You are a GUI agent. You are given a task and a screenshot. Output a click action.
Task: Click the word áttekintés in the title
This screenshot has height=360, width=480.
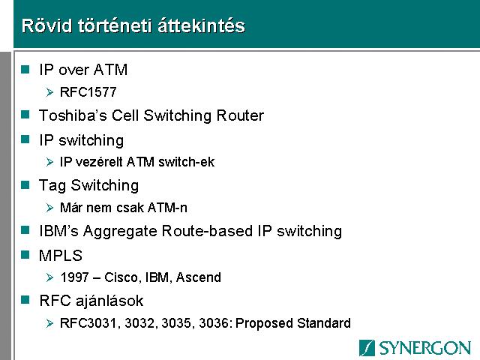pos(202,25)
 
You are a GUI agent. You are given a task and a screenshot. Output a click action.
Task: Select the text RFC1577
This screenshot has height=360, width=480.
pos(88,92)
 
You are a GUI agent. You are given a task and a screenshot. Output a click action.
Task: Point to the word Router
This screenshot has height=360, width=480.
pos(240,115)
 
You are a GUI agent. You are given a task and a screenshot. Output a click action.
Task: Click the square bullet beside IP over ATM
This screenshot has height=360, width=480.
pos(25,69)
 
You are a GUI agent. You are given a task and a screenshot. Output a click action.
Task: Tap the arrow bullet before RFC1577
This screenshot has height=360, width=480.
pos(49,92)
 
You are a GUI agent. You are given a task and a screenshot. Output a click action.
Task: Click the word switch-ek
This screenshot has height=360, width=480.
pos(187,162)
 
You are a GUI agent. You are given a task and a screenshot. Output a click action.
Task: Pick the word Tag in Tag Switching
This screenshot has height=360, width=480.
pos(52,186)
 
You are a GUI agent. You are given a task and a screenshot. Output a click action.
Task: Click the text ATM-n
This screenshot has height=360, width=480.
pos(167,208)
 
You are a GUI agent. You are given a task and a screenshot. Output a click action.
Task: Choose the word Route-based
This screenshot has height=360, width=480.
pos(207,231)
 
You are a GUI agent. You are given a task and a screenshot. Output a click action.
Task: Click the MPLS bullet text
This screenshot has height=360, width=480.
pos(61,255)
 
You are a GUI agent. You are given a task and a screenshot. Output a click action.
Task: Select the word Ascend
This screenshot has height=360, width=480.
pos(198,277)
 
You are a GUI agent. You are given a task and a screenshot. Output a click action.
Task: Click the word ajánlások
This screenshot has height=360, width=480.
pos(109,301)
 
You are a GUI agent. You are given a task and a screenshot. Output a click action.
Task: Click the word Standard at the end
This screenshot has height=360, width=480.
pos(324,323)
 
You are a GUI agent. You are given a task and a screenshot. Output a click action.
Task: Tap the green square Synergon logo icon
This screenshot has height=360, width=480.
pos(367,348)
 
